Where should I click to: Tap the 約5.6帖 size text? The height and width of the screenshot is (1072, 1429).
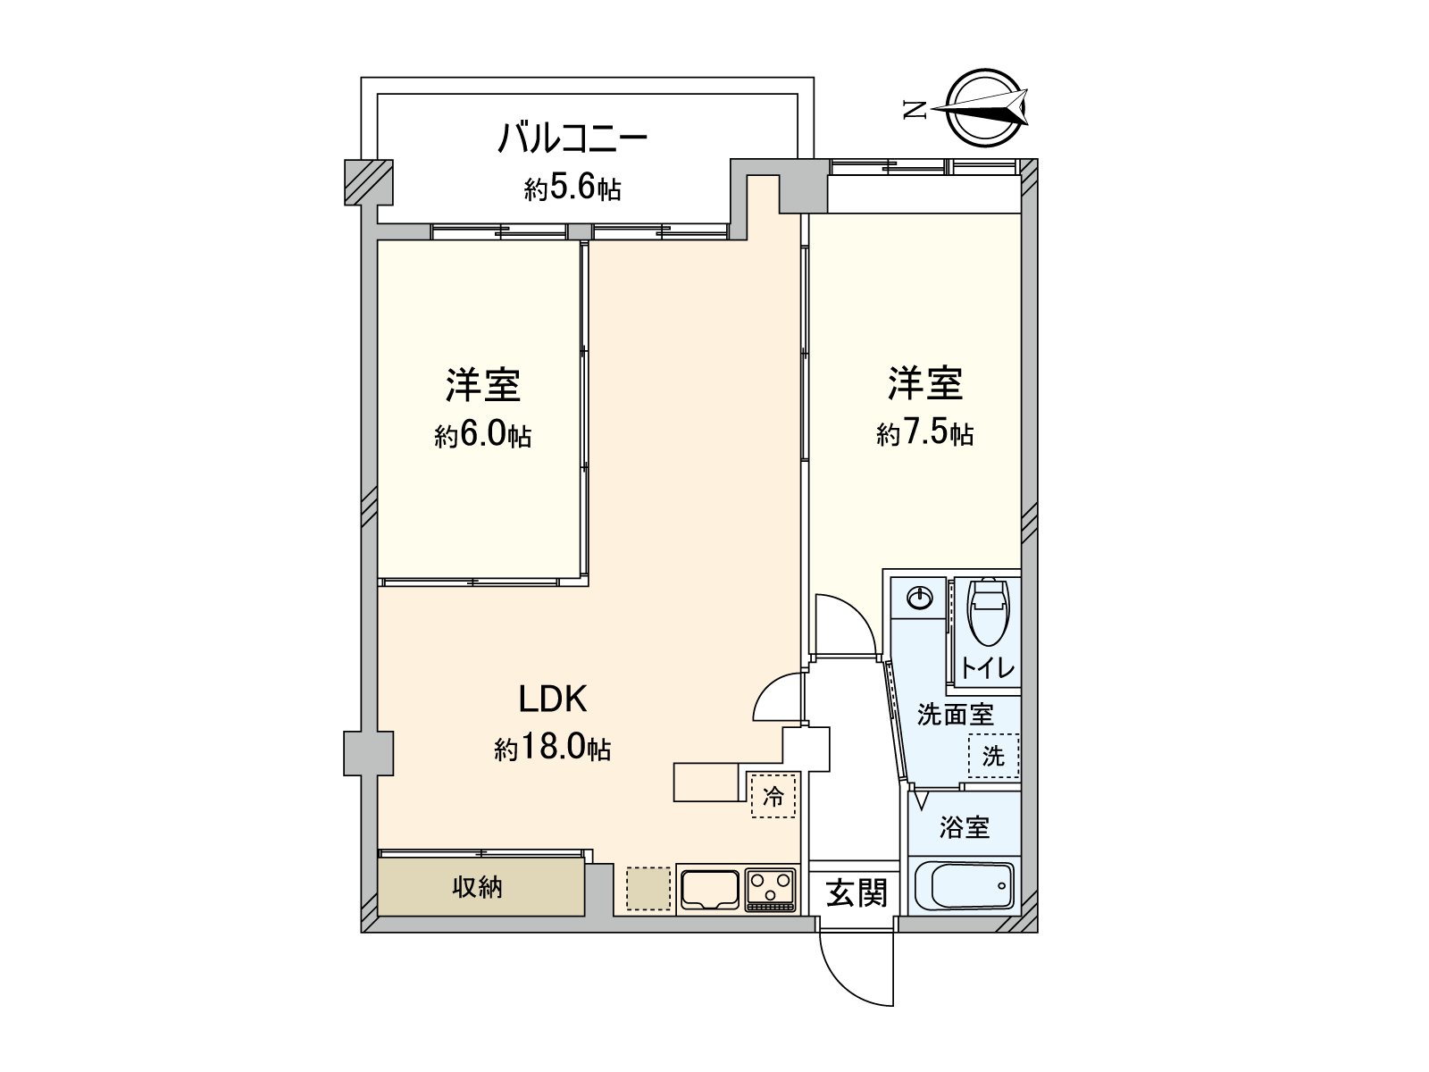(x=572, y=188)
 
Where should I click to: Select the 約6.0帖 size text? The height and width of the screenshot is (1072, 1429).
(x=482, y=436)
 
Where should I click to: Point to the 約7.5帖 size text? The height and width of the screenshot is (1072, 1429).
(x=924, y=434)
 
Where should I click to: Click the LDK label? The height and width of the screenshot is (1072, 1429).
(x=553, y=699)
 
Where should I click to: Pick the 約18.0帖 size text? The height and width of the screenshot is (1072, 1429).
(x=553, y=749)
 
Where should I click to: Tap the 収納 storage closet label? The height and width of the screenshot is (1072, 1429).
(x=478, y=887)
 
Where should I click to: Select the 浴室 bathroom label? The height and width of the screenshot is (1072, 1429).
(x=965, y=827)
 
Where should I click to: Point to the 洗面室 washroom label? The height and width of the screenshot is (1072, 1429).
(x=956, y=715)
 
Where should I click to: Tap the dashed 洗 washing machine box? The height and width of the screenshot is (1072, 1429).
(x=993, y=757)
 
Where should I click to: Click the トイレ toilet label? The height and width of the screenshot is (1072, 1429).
(x=988, y=668)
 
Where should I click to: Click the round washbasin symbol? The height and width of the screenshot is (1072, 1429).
(x=919, y=599)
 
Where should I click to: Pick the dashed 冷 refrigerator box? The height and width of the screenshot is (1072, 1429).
(x=773, y=795)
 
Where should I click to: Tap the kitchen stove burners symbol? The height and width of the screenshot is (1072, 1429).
(x=771, y=890)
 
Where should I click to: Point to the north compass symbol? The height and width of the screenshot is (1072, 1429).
(x=988, y=109)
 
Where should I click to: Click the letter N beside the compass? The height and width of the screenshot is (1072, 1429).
(x=914, y=110)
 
